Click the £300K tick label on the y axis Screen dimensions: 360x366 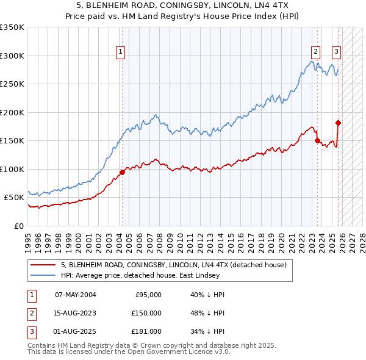12,56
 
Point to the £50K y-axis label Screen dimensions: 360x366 14,198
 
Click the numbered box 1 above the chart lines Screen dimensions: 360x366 121,52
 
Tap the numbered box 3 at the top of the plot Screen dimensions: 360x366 336,52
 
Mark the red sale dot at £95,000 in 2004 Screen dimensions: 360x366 122,172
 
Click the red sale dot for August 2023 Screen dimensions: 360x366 317,140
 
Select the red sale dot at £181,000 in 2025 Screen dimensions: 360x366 338,123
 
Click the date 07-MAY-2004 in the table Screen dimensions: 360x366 76,295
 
